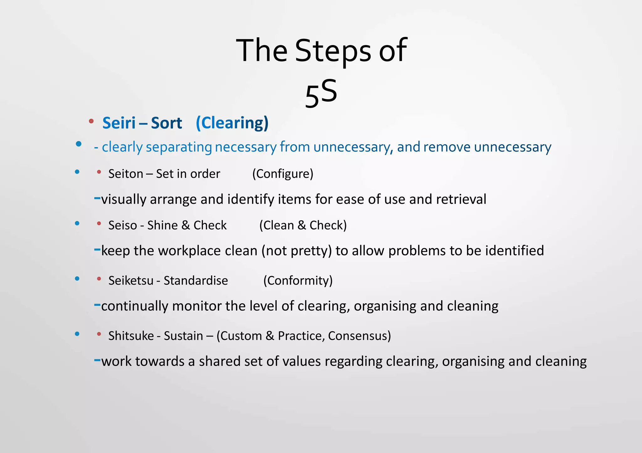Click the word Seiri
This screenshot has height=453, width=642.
click(119, 123)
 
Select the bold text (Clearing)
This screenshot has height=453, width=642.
click(232, 123)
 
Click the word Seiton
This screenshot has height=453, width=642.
click(126, 174)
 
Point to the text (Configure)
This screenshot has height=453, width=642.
click(283, 174)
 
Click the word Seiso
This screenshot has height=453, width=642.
click(123, 225)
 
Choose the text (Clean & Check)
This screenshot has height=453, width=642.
click(303, 225)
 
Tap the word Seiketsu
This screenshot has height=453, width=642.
click(131, 281)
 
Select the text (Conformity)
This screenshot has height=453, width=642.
click(298, 281)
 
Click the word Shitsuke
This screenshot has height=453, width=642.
click(131, 336)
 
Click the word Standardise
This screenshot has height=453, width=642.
click(196, 281)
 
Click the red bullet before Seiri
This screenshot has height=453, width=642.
click(91, 121)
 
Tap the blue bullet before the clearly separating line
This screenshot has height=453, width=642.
click(79, 144)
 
